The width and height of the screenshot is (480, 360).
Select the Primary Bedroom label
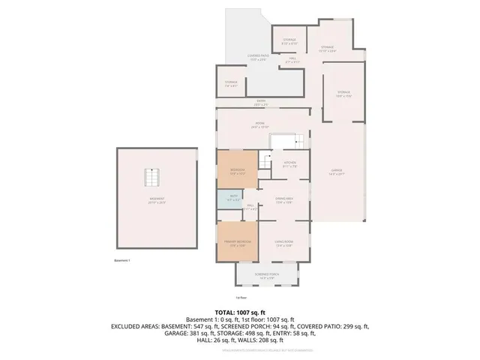pyautogui.click(x=236, y=243)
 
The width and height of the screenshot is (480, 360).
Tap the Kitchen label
pyautogui.click(x=289, y=164)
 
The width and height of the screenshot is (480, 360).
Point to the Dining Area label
pyautogui.click(x=284, y=199)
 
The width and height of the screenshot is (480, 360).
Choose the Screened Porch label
pyautogui.click(x=266, y=276)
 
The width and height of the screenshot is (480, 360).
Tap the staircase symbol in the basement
pyautogui.click(x=154, y=181)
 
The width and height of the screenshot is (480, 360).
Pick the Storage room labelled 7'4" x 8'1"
pyautogui.click(x=231, y=83)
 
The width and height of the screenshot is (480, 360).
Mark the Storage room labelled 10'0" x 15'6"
pyautogui.click(x=343, y=93)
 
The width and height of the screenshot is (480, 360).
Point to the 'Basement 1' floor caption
pyautogui.click(x=122, y=260)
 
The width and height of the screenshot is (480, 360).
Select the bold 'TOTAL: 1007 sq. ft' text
pyautogui.click(x=240, y=312)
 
